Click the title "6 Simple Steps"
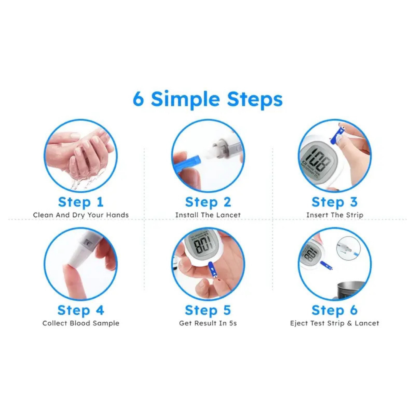208,100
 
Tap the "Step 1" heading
81,203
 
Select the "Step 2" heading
208,203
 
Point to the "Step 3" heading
335,203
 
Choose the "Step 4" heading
81,310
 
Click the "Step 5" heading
208,310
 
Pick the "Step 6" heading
335,310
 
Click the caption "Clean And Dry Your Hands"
81,215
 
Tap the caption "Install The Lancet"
208,215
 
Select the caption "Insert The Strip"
335,215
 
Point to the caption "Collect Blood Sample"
81,323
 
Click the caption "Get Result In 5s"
208,323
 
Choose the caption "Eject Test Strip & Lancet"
335,323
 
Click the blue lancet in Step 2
187,164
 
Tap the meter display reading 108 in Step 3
319,161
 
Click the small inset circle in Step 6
348,248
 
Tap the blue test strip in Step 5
212,270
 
